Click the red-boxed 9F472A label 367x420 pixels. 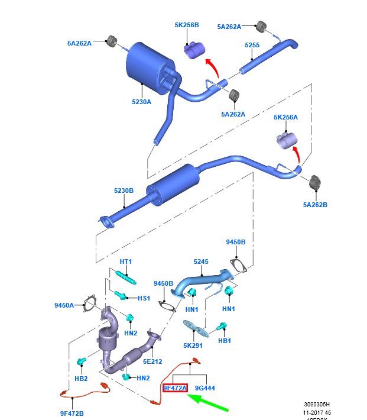click(x=175, y=388)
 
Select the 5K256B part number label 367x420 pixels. click(x=187, y=25)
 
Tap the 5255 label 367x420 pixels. click(x=252, y=44)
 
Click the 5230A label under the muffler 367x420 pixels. click(x=142, y=102)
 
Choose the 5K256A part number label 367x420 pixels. click(x=285, y=118)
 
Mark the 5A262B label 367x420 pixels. click(x=315, y=204)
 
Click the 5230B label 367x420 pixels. click(x=124, y=190)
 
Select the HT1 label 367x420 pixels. click(x=126, y=261)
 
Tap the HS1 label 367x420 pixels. click(x=144, y=298)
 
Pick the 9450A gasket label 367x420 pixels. click(x=64, y=305)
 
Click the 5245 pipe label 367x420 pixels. click(x=202, y=261)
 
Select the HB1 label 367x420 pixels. click(x=225, y=341)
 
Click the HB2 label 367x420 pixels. click(x=82, y=378)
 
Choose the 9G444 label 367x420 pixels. click(x=204, y=388)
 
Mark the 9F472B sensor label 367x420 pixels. click(x=72, y=413)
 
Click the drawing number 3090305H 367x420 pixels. click(x=319, y=405)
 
